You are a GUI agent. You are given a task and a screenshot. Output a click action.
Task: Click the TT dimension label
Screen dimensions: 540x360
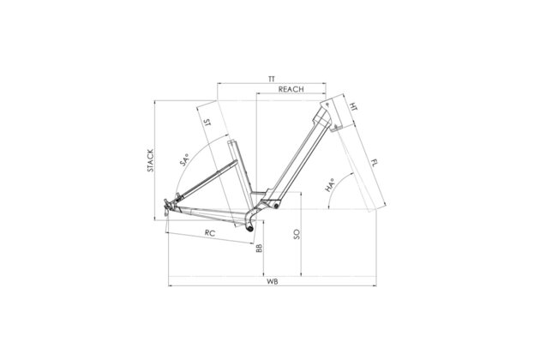coord(272,79)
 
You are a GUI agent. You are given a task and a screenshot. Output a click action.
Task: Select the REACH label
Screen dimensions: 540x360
coord(291,89)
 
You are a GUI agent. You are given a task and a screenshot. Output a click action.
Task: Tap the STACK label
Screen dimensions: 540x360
coord(151,160)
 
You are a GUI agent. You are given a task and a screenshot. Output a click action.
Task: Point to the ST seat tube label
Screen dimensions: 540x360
coord(207,123)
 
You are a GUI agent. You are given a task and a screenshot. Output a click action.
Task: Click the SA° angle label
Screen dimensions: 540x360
coord(184,160)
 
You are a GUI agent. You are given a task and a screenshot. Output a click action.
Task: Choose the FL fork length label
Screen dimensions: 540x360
coord(374,163)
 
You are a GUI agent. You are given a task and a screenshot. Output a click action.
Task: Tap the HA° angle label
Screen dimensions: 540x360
coord(330,185)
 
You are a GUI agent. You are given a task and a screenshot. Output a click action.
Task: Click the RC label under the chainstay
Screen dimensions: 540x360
coord(210,233)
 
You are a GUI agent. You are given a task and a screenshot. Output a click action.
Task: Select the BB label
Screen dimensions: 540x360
coord(259,249)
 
